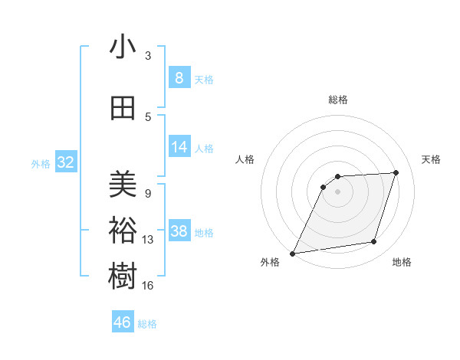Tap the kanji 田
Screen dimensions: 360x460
pos(123,108)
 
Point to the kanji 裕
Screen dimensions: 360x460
pos(123,231)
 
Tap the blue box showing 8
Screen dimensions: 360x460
pos(179,78)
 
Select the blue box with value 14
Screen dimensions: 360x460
pos(179,148)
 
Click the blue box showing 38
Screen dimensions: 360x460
pos(179,232)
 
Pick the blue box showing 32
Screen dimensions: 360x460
pos(65,162)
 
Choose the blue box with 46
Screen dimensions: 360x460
pos(123,322)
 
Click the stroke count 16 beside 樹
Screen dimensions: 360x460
pos(148,286)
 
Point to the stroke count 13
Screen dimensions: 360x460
pos(148,240)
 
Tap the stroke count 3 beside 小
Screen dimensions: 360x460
pos(148,55)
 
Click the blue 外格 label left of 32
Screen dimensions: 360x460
pos(41,163)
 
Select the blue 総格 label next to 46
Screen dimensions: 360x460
pos(147,323)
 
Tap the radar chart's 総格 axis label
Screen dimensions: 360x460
pos(337,100)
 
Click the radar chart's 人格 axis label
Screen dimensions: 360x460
pos(245,159)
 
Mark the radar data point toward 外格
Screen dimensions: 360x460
pos(292,253)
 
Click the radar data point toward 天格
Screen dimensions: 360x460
pos(396,172)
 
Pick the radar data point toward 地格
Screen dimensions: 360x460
pos(374,242)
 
